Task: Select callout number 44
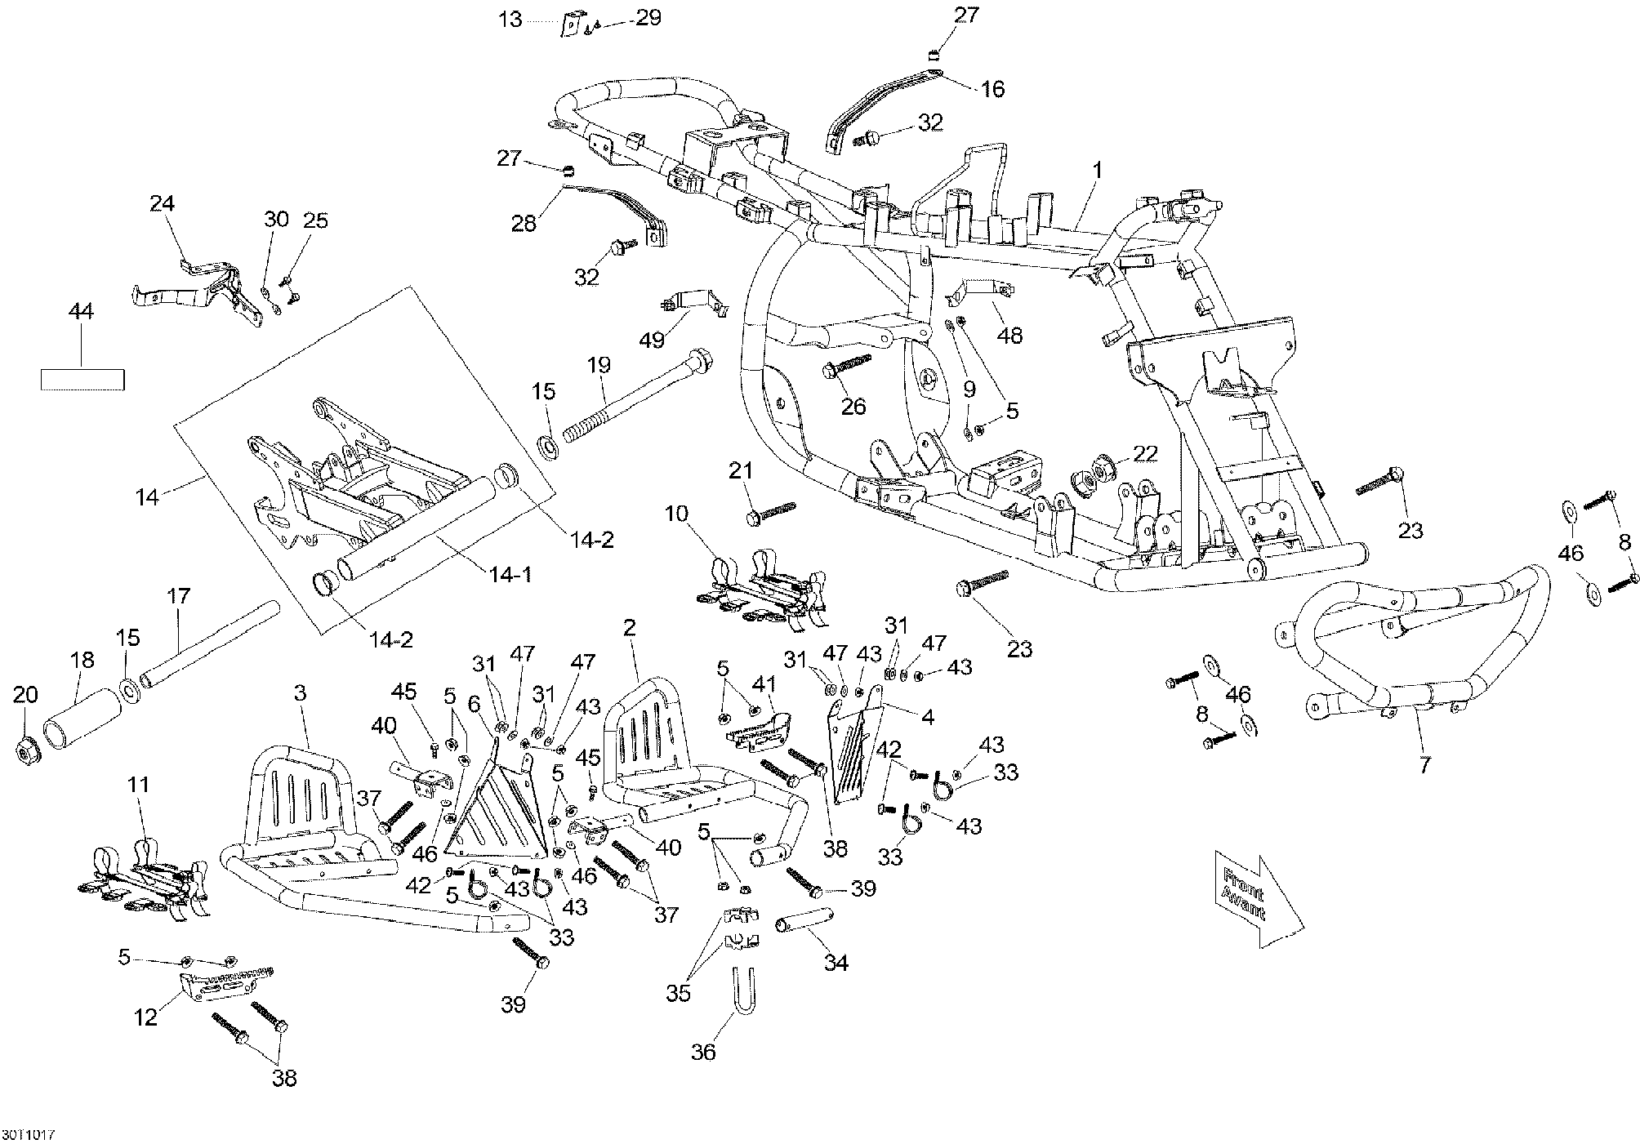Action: (x=81, y=311)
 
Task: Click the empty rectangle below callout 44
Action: (x=82, y=380)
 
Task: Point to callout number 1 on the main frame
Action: (x=1098, y=171)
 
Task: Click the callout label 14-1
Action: (x=510, y=575)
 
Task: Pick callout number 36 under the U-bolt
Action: (x=703, y=1052)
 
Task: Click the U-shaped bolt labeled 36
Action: (x=741, y=990)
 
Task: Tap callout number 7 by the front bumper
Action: (x=1424, y=767)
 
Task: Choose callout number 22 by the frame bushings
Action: (x=1145, y=454)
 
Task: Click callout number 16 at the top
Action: (x=992, y=88)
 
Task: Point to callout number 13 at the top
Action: (x=510, y=18)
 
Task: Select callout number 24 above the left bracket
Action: (x=162, y=203)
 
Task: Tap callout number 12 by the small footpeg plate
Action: (x=146, y=1018)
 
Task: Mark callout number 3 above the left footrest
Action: (x=300, y=693)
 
